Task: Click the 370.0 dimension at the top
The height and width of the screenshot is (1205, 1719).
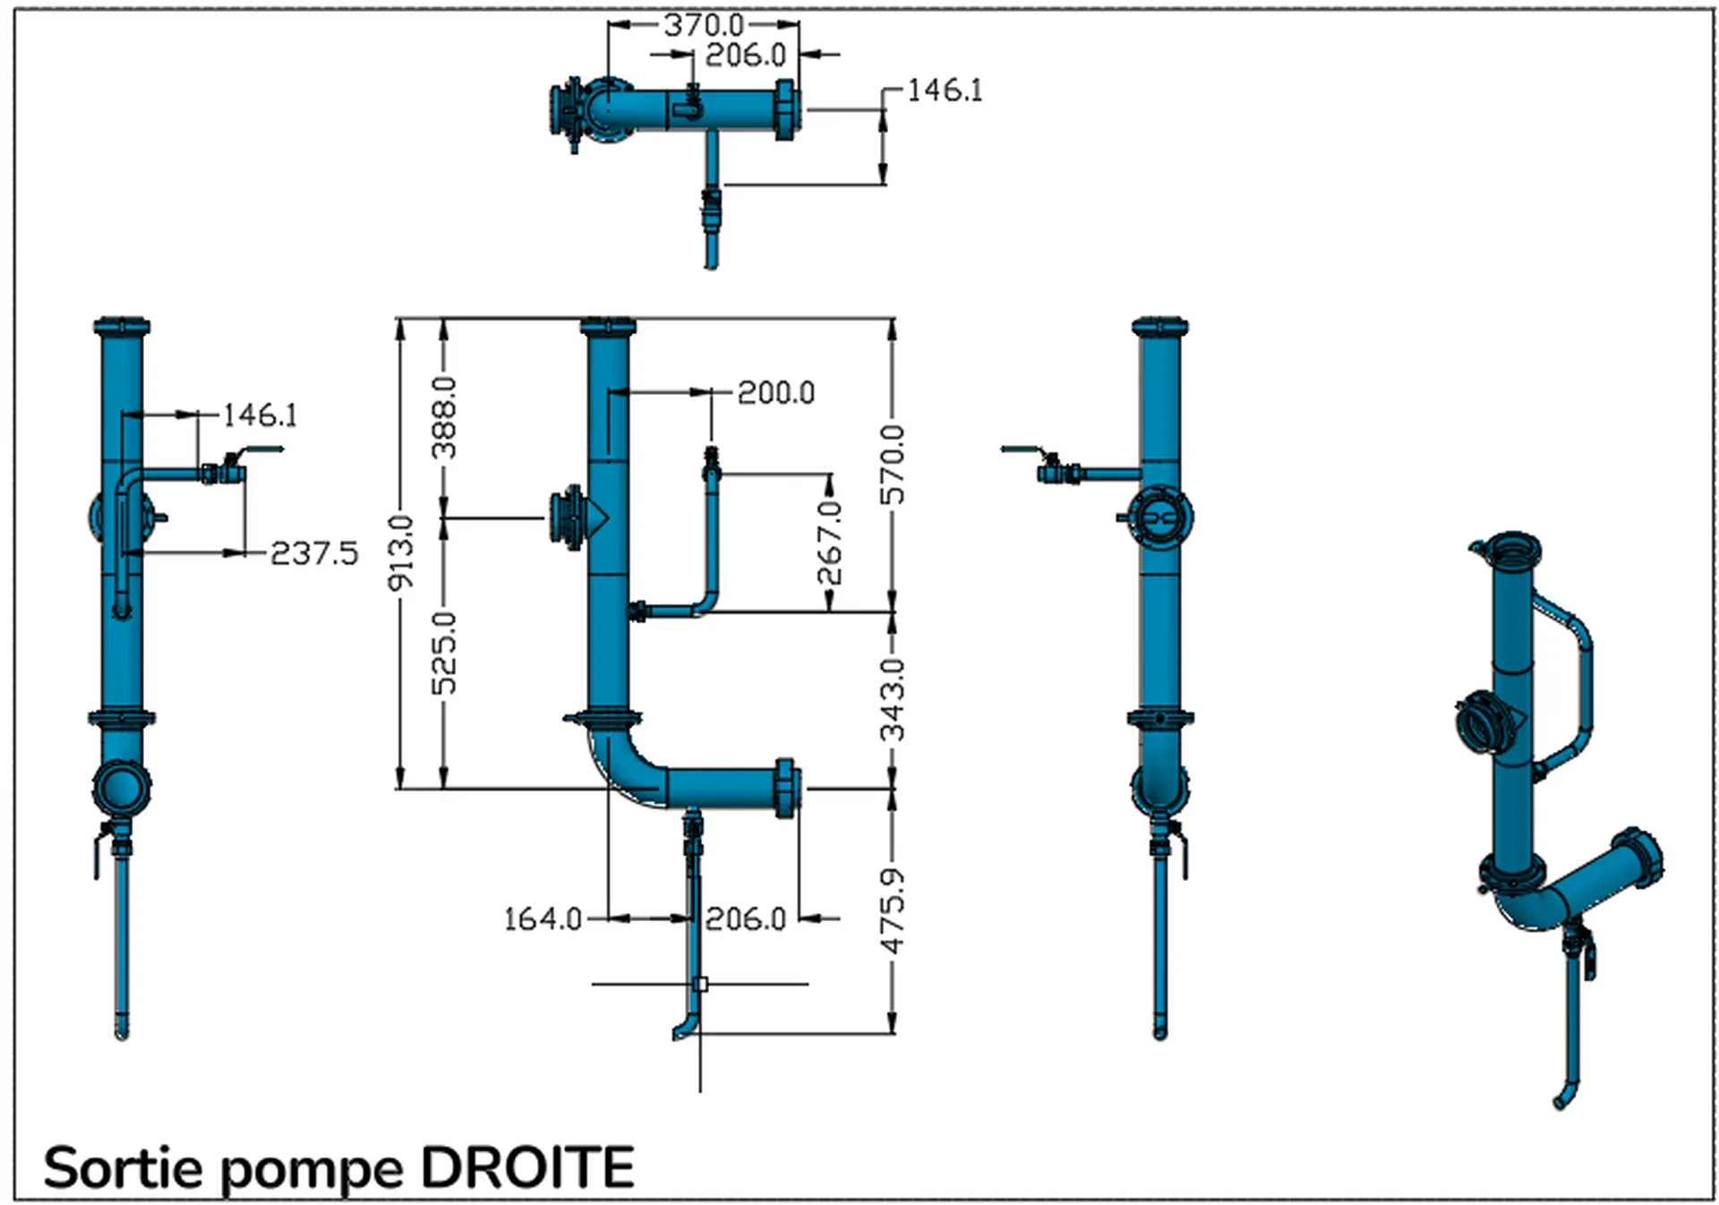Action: click(x=703, y=24)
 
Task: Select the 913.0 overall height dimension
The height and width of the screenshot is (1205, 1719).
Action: click(x=401, y=552)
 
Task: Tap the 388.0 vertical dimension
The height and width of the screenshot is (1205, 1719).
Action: click(x=444, y=417)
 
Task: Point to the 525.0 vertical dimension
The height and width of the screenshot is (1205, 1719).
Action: click(x=444, y=653)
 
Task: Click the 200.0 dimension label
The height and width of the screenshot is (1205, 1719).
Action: click(x=775, y=393)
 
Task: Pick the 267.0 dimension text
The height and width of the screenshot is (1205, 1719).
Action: click(x=830, y=543)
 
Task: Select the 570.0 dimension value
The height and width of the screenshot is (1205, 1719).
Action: click(x=893, y=465)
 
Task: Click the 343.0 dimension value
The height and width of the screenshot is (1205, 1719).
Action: click(x=893, y=699)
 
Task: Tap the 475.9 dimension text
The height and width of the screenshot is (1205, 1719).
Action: click(x=893, y=910)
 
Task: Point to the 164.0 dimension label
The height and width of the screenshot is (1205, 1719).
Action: click(x=543, y=919)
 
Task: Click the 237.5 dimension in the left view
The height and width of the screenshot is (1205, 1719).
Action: click(x=313, y=553)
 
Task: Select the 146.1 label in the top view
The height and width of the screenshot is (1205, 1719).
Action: click(x=945, y=90)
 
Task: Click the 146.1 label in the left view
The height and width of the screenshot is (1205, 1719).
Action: click(x=260, y=414)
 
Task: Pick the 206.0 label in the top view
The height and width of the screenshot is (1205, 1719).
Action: click(x=745, y=56)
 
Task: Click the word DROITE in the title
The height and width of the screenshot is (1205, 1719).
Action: click(x=527, y=1167)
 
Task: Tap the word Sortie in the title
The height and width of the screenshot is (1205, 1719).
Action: click(x=123, y=1167)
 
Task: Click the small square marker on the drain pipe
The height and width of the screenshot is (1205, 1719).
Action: click(x=700, y=984)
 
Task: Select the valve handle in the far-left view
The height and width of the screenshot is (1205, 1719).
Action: click(x=260, y=450)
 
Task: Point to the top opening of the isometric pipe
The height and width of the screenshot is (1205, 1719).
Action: click(x=1512, y=548)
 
